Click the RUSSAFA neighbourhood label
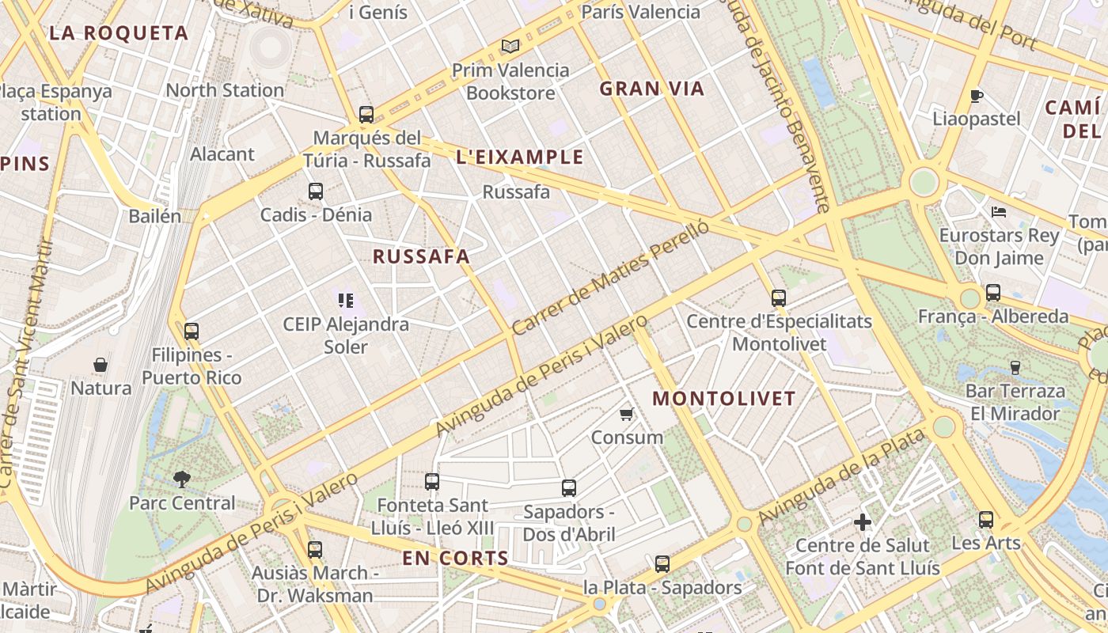421,256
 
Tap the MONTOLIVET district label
723,398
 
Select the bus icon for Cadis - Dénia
315,191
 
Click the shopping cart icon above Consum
627,414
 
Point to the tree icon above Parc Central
182,478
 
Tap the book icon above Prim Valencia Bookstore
510,47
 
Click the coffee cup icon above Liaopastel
977,97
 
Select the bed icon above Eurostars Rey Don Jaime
999,211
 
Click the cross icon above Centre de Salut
863,522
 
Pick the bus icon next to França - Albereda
993,293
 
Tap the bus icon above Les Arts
985,520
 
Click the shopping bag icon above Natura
101,365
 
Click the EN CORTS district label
455,558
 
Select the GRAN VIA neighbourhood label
651,89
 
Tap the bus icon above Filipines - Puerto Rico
191,332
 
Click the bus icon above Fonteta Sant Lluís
431,481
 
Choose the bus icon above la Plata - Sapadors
662,564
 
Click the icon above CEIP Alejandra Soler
345,300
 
